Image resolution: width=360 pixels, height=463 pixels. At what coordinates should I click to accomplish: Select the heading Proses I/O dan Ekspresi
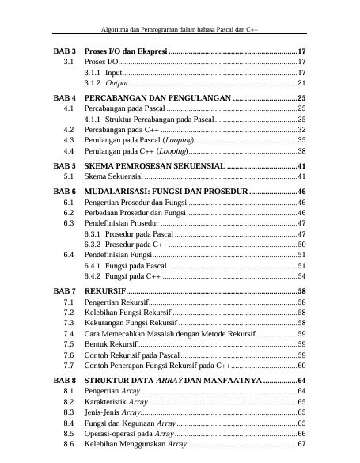[125, 51]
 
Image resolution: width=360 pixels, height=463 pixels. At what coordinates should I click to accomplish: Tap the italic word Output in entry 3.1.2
[116, 82]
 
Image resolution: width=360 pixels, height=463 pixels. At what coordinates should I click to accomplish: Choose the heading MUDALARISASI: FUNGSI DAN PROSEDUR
[165, 192]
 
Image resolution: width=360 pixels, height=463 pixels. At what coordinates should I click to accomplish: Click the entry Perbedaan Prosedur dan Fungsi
[134, 214]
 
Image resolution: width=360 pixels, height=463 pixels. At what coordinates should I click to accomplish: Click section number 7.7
[68, 366]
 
